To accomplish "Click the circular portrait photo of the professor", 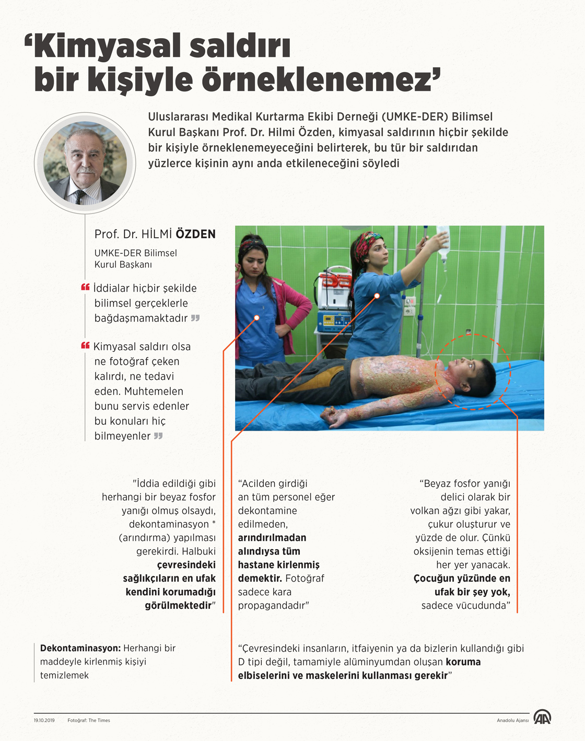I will click(85, 163).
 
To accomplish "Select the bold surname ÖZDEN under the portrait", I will click(195, 234).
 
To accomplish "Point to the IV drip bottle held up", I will click(443, 244).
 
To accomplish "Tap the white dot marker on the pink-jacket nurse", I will click(257, 318).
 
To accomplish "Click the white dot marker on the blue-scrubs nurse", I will click(377, 296).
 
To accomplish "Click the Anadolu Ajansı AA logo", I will click(542, 717).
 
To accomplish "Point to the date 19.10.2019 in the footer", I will click(44, 721).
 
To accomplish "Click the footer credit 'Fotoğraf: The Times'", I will click(89, 721).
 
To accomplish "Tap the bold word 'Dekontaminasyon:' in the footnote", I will click(80, 648).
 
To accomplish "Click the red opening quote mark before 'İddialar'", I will click(85, 287).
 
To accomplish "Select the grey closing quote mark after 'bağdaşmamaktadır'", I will click(195, 318).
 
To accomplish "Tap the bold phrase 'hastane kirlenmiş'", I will click(278, 565).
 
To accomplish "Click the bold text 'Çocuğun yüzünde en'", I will click(462, 578).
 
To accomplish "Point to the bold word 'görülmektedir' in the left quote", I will click(178, 606).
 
